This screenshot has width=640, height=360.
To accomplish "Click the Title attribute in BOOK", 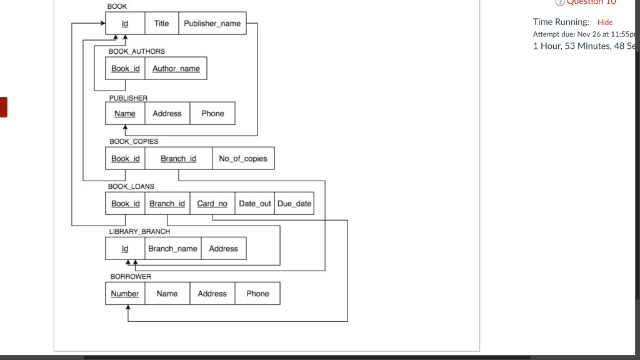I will click(161, 24).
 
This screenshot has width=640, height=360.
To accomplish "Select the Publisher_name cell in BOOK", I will click(212, 24).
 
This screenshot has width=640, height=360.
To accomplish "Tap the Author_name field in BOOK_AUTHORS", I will click(176, 69).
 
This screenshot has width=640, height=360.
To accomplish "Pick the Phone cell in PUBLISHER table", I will click(212, 114).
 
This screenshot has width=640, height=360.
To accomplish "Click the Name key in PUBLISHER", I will click(125, 114).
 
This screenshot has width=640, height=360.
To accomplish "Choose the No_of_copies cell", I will click(242, 159).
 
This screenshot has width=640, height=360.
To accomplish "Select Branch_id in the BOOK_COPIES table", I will click(178, 159).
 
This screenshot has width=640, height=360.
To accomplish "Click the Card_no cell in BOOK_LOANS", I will click(212, 204).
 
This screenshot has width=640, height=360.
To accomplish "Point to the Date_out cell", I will click(255, 204).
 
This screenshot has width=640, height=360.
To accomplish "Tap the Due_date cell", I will click(294, 204).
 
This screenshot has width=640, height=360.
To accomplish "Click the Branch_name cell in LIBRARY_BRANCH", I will click(172, 249).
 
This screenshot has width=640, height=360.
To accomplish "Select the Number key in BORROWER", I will click(125, 294).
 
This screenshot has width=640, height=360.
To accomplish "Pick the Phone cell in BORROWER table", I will click(257, 294).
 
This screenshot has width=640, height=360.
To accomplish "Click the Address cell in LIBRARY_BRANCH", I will click(223, 249).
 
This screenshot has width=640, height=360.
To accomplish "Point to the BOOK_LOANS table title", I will click(131, 186).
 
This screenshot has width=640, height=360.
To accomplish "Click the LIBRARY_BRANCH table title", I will click(139, 231).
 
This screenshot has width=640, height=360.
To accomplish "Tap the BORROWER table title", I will click(131, 276).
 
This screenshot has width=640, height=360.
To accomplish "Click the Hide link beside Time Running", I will click(605, 22).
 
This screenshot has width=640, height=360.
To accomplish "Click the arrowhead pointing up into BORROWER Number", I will click(128, 308).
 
